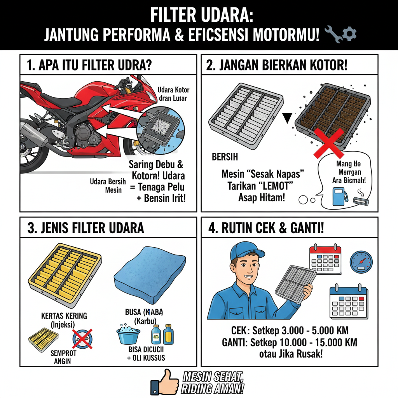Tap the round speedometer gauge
pos(361,261)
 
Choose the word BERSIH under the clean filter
pos(225,158)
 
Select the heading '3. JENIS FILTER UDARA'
pos(86,228)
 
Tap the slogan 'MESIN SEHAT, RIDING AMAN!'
pos(213,383)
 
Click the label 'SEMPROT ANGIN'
pos(64,357)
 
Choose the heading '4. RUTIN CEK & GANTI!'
pos(266,228)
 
